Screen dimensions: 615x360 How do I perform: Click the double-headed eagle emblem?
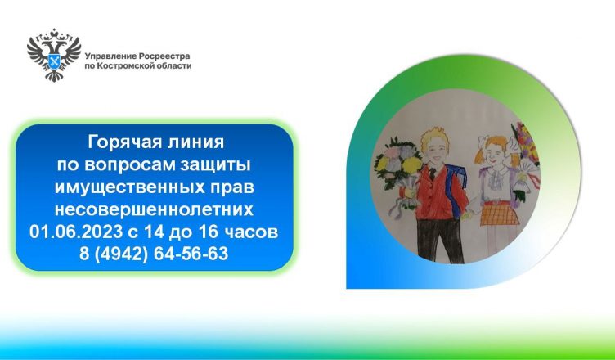(x=54, y=55)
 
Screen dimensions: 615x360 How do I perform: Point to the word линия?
(x=194, y=142)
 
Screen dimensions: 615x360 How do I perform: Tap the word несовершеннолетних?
(x=154, y=209)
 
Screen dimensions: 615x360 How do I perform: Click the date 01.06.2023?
(x=76, y=232)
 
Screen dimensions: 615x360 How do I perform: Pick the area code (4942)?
(x=121, y=254)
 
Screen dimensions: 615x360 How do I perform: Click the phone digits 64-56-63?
(x=191, y=254)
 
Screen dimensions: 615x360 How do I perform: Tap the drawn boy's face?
(x=435, y=149)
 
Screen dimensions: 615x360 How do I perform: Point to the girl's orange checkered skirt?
(x=500, y=213)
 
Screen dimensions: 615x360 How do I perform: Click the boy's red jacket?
(x=439, y=192)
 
